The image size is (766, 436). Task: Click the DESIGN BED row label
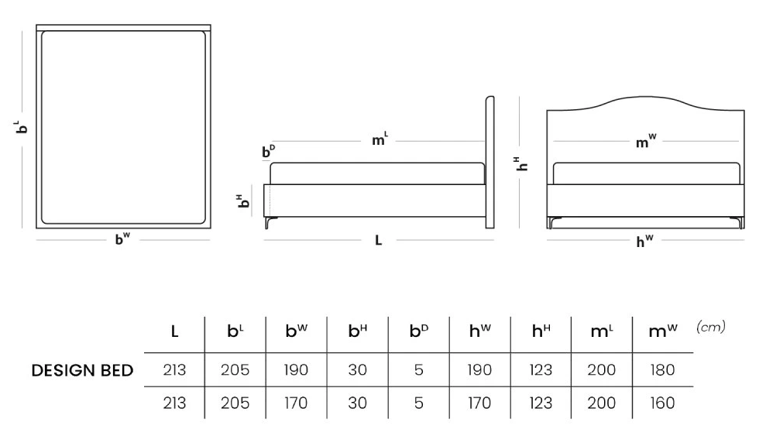82,371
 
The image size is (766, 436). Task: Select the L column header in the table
175,331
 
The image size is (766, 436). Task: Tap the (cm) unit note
710,328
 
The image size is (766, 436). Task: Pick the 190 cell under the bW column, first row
296,370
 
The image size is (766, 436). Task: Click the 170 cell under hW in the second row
479,403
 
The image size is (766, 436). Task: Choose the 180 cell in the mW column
662,370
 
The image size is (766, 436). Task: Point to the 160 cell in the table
662,403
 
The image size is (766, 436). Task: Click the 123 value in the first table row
541,370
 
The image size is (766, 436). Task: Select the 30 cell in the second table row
357,403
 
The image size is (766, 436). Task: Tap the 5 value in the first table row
418,370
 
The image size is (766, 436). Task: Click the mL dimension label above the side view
380,140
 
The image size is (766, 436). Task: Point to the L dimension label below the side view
378,241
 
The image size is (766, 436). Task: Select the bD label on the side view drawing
268,153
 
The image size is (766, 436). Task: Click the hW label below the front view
644,242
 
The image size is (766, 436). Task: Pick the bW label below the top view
122,240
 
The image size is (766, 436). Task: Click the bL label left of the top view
22,125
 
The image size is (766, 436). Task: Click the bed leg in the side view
268,223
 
